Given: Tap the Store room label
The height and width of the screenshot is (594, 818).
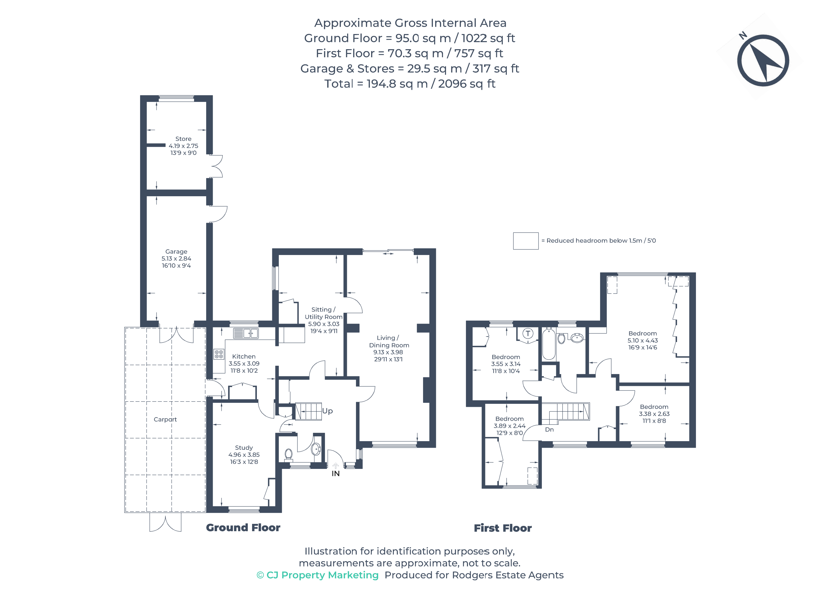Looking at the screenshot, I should pyautogui.click(x=183, y=139).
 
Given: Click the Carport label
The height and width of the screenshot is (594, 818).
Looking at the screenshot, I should pyautogui.click(x=165, y=419).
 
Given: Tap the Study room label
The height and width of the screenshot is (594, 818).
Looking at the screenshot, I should pyautogui.click(x=244, y=448).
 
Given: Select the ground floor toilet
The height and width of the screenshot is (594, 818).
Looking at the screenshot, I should pyautogui.click(x=289, y=454).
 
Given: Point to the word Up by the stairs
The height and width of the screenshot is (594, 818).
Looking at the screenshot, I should pyautogui.click(x=327, y=411).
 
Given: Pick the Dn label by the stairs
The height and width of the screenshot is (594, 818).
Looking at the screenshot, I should pyautogui.click(x=549, y=430).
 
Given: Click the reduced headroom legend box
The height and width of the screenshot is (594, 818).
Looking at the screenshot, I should pyautogui.click(x=525, y=241).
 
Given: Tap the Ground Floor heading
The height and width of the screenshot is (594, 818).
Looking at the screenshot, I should pyautogui.click(x=243, y=528).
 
